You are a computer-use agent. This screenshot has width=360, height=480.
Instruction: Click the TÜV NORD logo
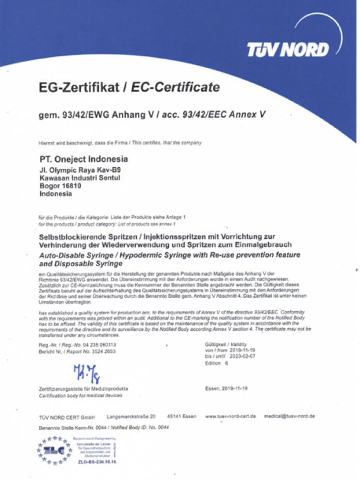[287, 50]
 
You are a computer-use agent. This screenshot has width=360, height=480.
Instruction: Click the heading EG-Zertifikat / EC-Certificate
[129, 87]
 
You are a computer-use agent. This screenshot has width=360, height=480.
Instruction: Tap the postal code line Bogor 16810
[61, 186]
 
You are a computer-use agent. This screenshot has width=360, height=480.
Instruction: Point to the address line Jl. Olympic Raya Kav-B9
[80, 169]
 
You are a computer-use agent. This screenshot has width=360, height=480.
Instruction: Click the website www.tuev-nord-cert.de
[231, 415]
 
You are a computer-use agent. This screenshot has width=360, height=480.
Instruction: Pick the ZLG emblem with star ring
[54, 451]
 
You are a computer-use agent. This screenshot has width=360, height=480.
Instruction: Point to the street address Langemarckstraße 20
[131, 415]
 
